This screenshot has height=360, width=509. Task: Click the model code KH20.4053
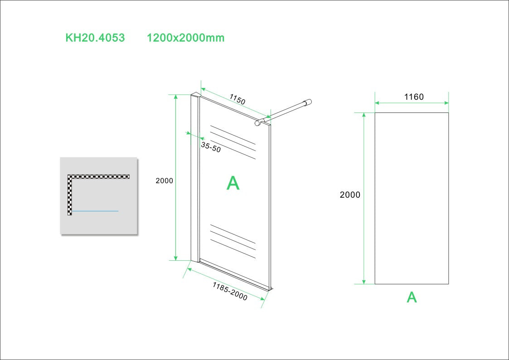pyautogui.click(x=95, y=38)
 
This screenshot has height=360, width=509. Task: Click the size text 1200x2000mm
pyautogui.click(x=185, y=38)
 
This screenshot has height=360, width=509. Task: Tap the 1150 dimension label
pyautogui.click(x=237, y=99)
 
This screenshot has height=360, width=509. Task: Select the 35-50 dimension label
pyautogui.click(x=211, y=147)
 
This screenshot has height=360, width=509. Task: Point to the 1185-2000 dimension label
pyautogui.click(x=230, y=291)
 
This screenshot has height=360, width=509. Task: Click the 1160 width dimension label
pyautogui.click(x=413, y=97)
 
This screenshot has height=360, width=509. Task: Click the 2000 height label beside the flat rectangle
pyautogui.click(x=350, y=195)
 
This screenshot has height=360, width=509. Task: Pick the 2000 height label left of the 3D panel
pyautogui.click(x=164, y=180)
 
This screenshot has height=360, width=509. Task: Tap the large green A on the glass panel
pyautogui.click(x=233, y=183)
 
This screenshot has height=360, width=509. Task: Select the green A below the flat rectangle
pyautogui.click(x=412, y=297)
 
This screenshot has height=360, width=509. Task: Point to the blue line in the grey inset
pyautogui.click(x=95, y=211)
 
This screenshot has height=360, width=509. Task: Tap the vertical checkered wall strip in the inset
pyautogui.click(x=70, y=195)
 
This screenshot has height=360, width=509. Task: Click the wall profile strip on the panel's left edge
pyautogui.click(x=195, y=177)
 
